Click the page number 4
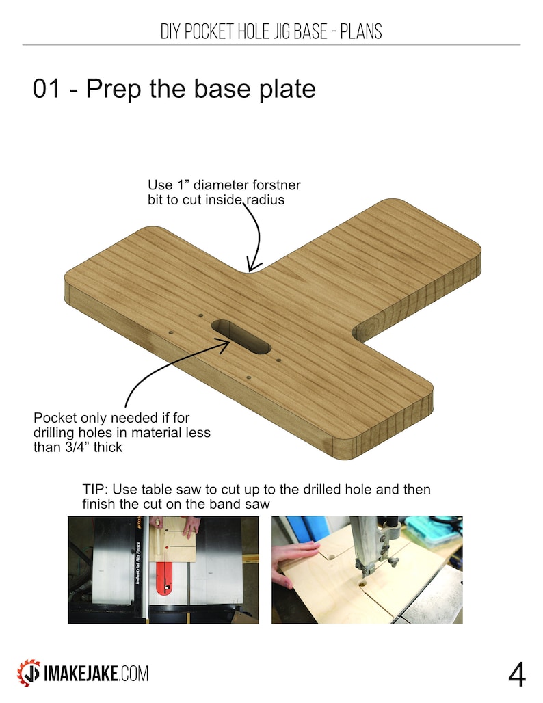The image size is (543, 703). pyautogui.click(x=516, y=674)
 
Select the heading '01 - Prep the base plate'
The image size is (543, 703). pyautogui.click(x=174, y=89)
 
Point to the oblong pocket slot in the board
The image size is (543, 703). pyautogui.click(x=240, y=336)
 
